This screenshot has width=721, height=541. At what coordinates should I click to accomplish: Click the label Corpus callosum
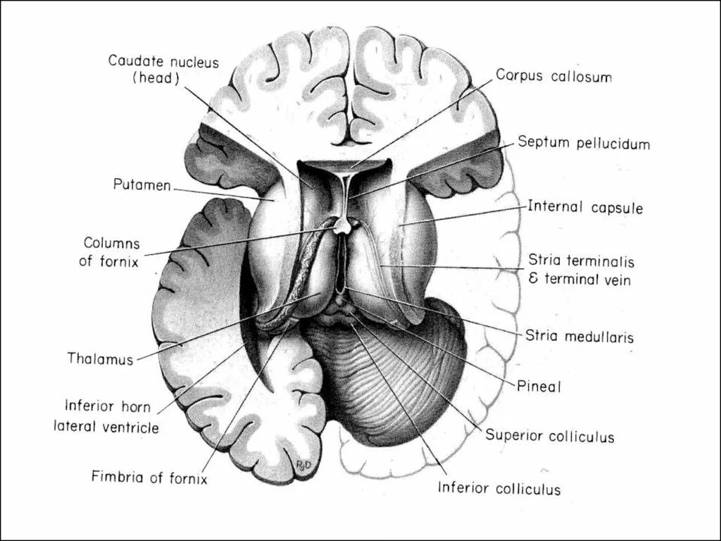(553, 76)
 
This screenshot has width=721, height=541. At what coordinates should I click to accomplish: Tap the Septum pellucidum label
(584, 143)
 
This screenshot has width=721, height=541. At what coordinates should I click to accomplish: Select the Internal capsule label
(585, 207)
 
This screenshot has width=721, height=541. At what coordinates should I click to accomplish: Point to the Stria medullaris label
(579, 337)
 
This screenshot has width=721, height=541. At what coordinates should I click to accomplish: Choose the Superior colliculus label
(549, 436)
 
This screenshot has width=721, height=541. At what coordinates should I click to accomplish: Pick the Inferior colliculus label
(499, 487)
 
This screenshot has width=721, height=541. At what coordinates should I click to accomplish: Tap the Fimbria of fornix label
(149, 477)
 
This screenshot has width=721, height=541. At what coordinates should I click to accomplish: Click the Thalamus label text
(100, 359)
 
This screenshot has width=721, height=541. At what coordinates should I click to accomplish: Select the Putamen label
(142, 185)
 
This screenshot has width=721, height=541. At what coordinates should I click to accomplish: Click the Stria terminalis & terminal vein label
(581, 270)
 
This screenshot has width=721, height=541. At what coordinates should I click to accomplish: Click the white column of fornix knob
(342, 225)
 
